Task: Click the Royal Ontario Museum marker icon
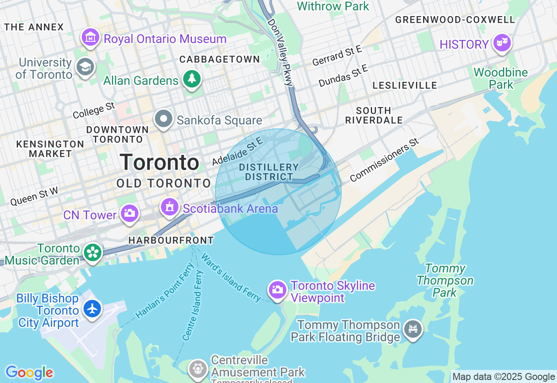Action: point(91,38)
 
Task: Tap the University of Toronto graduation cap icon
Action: point(85,67)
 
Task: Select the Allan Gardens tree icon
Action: point(191,79)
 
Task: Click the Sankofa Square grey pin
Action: point(164,119)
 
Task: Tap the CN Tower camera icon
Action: point(130,213)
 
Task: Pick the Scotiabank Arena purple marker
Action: point(170,207)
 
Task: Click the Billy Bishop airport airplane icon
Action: point(92,309)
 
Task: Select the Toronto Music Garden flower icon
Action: point(93,253)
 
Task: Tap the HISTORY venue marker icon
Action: point(502,43)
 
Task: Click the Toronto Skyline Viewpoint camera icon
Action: point(278,289)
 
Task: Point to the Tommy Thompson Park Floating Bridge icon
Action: point(413,329)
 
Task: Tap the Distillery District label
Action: point(269,172)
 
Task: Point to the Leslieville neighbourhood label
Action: point(404,85)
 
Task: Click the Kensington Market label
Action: point(50,149)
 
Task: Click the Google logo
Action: point(29,373)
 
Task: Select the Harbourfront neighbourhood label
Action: point(171,240)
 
